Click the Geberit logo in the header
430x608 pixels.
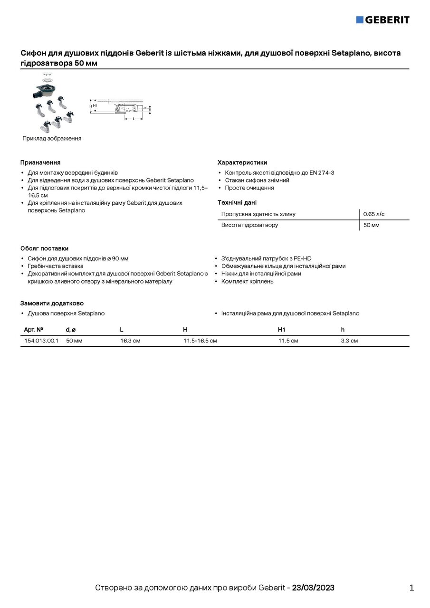(382, 19)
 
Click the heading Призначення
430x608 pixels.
(40, 162)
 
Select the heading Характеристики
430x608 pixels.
(242, 162)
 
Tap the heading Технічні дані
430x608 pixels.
(237, 202)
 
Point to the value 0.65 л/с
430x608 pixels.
(374, 214)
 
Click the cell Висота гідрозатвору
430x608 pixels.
(249, 225)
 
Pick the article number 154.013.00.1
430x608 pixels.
(41, 341)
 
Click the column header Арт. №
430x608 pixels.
(34, 330)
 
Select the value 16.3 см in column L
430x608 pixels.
(130, 341)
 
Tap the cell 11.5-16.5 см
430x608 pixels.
(200, 341)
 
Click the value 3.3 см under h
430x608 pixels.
(349, 341)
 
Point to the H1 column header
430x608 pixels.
(281, 330)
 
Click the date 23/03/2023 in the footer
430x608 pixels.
(313, 588)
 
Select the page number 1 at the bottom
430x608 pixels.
(411, 588)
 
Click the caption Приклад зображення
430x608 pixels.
(52, 139)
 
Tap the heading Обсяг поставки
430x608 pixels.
(44, 248)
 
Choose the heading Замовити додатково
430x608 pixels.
(52, 304)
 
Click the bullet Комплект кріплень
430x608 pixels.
(247, 282)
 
